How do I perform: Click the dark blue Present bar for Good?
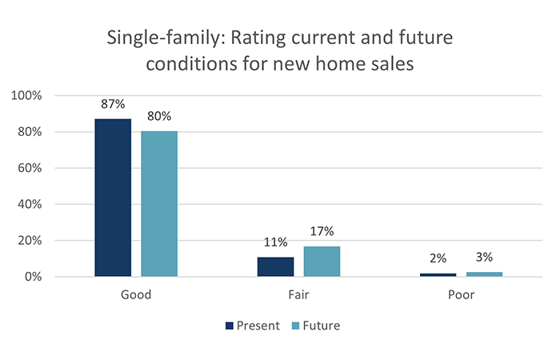pyautogui.click(x=113, y=198)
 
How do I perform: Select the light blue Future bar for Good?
pyautogui.click(x=159, y=204)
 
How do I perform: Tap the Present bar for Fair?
pyautogui.click(x=275, y=266)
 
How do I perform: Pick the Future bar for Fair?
pyautogui.click(x=322, y=262)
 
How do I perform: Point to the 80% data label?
pyautogui.click(x=159, y=117)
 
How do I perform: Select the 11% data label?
pyautogui.click(x=275, y=242)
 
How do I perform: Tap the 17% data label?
pyautogui.click(x=322, y=232)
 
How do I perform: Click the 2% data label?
pyautogui.click(x=438, y=259)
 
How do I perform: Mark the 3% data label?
pyautogui.click(x=484, y=258)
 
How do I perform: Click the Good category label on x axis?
pyautogui.click(x=136, y=294)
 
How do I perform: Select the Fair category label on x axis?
pyautogui.click(x=298, y=294)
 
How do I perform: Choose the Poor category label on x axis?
pyautogui.click(x=461, y=294)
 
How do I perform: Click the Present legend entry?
pyautogui.click(x=253, y=326)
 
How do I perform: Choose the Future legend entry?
pyautogui.click(x=318, y=326)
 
